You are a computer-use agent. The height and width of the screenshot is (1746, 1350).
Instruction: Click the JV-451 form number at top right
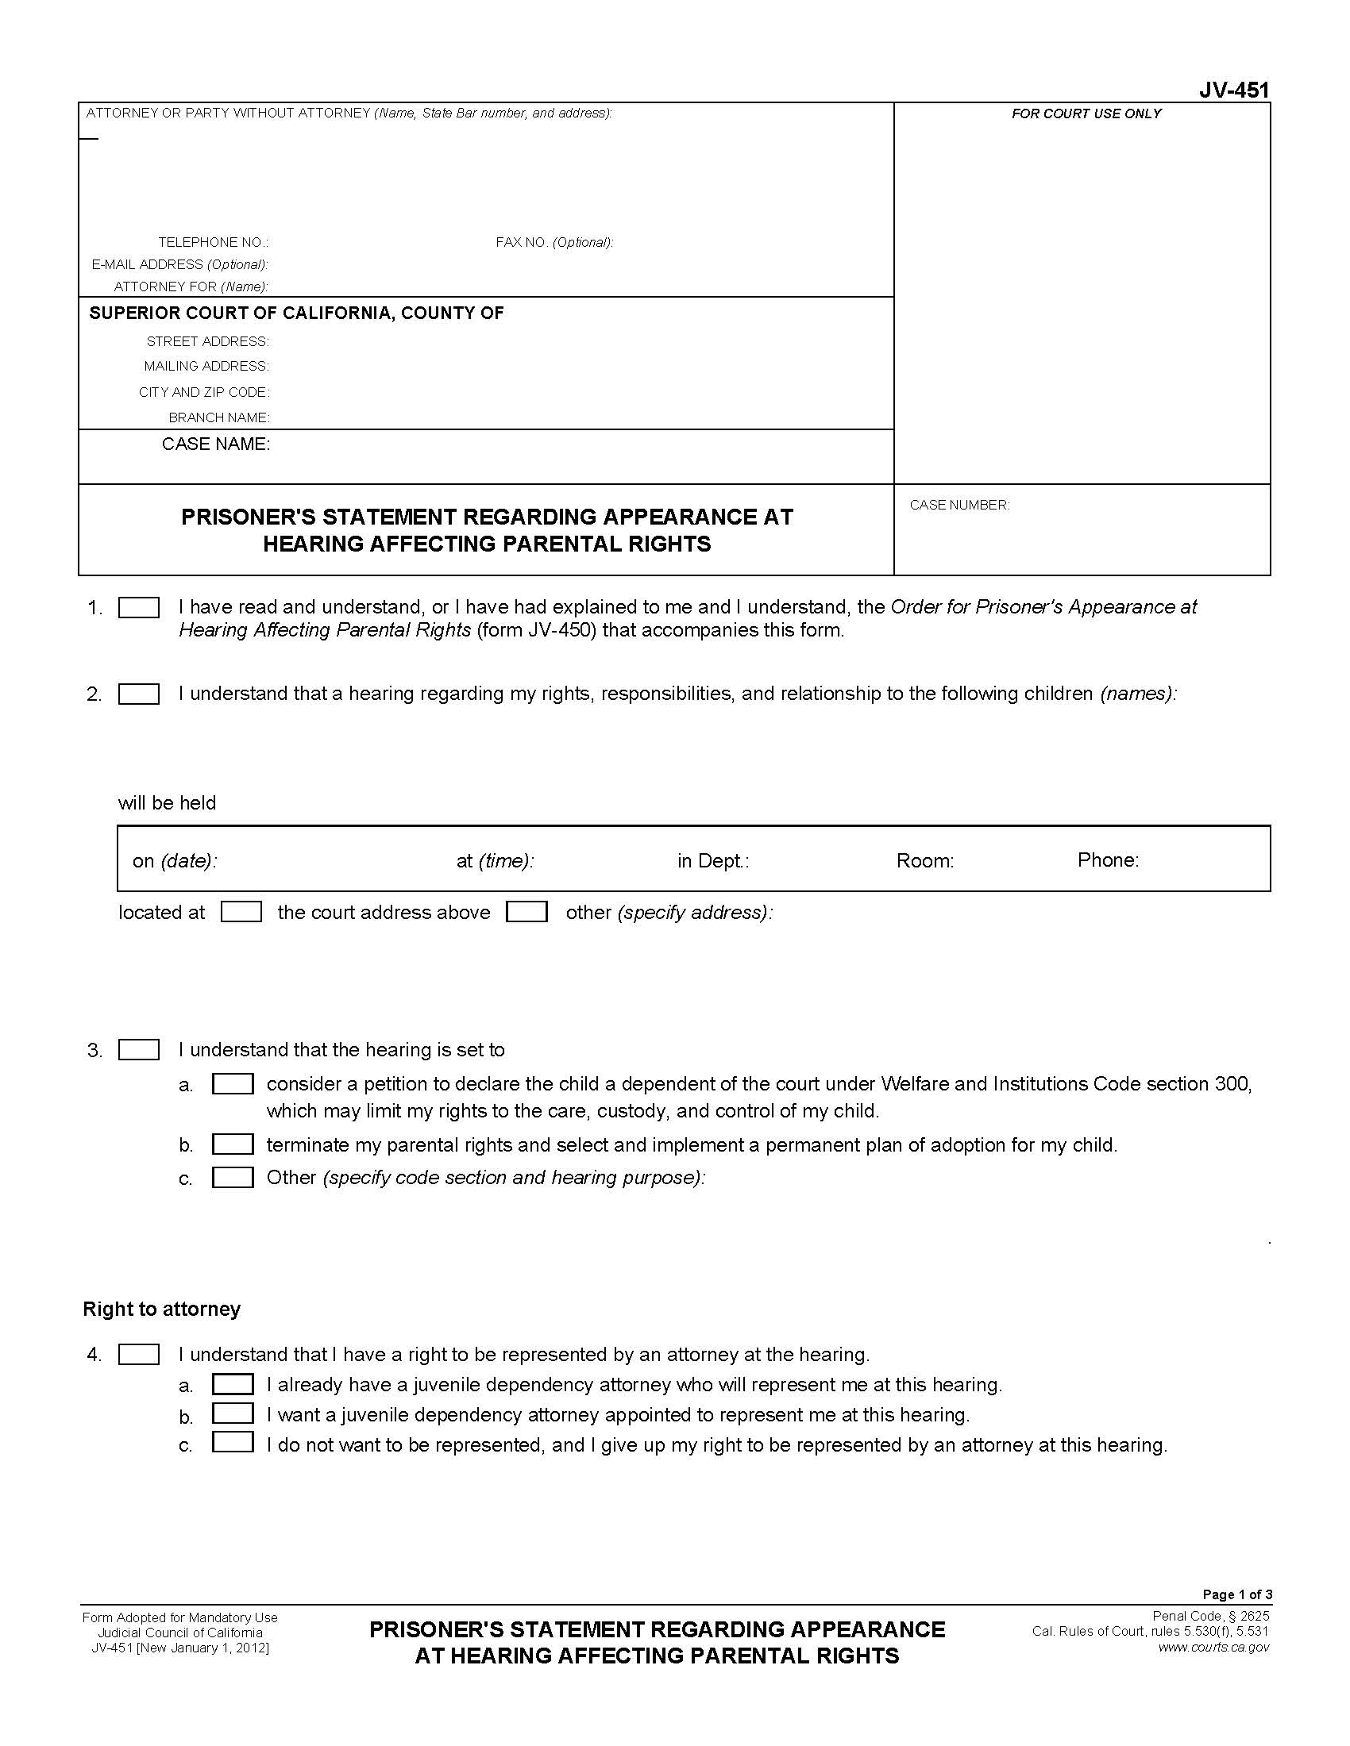coord(1233,90)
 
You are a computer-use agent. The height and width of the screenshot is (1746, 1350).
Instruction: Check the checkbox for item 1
coord(138,609)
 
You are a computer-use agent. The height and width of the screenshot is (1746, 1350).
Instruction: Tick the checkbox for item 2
coord(138,694)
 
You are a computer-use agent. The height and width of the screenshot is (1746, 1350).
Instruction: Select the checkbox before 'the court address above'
coord(241,912)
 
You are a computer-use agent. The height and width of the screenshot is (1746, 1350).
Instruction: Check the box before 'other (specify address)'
coord(526,912)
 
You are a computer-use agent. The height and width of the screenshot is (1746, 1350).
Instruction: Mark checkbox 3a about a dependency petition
coord(233,1084)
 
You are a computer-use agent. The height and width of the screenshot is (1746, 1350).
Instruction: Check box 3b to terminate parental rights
coord(233,1144)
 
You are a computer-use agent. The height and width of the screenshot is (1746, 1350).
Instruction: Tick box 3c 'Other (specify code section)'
coord(233,1178)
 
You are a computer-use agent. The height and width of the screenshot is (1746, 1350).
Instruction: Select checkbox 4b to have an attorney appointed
coord(233,1414)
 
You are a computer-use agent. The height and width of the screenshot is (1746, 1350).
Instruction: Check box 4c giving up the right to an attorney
coord(233,1444)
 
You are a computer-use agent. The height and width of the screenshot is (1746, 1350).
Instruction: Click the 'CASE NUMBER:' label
coord(959,506)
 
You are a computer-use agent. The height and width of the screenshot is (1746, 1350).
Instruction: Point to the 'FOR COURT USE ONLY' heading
coord(1086,114)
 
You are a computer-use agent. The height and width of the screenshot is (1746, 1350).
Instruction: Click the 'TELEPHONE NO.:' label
coord(213,242)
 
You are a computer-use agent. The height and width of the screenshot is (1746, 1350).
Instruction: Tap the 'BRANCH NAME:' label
coord(218,417)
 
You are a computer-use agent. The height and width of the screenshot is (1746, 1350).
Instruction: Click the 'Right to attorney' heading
coord(161,1309)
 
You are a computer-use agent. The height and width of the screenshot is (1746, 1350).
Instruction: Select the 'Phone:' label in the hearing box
coord(1108,860)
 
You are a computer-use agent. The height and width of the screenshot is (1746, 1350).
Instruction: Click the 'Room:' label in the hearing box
coord(924,861)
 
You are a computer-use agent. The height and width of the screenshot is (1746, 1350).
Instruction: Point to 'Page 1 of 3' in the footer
coord(1236,1594)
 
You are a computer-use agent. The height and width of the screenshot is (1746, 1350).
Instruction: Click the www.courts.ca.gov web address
coord(1213,1647)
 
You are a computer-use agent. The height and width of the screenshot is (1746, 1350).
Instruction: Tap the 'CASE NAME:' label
coord(216,444)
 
